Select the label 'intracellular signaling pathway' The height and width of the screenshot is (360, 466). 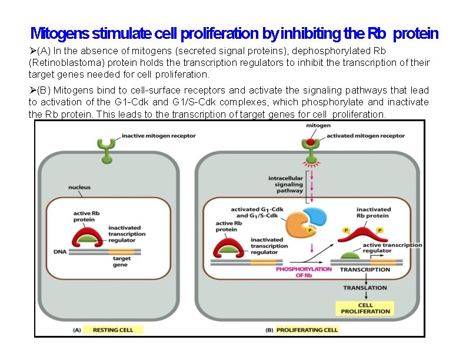(x=286, y=184)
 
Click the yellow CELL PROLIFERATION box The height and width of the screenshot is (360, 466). (x=365, y=308)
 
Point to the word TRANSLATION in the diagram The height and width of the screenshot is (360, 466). (x=365, y=288)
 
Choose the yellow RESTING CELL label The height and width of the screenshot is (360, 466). (x=118, y=330)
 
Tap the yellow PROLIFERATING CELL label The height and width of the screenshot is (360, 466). (x=307, y=330)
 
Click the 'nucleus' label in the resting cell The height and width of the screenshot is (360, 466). (x=79, y=188)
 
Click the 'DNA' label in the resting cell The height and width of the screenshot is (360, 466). (x=61, y=251)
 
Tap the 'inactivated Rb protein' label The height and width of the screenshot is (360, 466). (x=374, y=212)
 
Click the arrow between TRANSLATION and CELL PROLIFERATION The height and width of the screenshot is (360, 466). (x=365, y=296)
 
